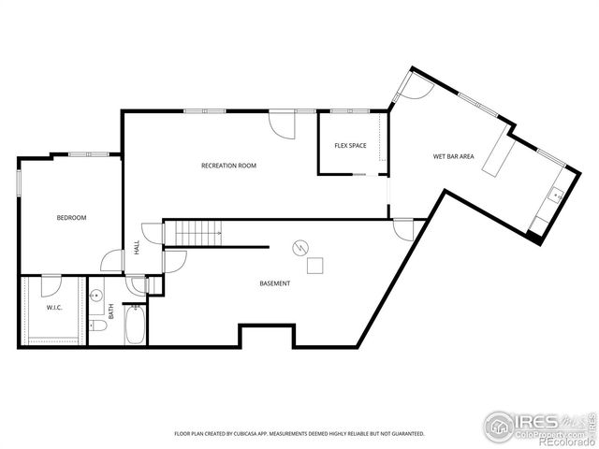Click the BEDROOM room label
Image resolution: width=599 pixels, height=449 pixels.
(71, 218)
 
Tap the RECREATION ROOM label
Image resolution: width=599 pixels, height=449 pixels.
(228, 166)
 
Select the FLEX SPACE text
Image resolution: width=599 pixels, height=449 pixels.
(350, 146)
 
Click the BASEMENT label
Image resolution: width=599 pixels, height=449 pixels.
(274, 283)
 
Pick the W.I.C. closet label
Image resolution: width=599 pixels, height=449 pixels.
(53, 308)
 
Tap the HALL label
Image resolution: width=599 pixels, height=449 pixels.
(137, 248)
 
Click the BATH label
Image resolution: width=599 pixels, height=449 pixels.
(110, 311)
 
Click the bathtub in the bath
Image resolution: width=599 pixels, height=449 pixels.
(136, 324)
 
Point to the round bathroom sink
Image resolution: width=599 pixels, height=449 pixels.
(96, 296)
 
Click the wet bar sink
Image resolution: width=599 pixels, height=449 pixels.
(555, 196)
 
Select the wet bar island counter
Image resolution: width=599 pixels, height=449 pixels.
(496, 157)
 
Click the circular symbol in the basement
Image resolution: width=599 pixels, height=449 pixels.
(299, 248)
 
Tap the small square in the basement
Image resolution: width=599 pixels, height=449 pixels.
(315, 265)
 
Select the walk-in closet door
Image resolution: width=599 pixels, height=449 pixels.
(51, 285)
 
